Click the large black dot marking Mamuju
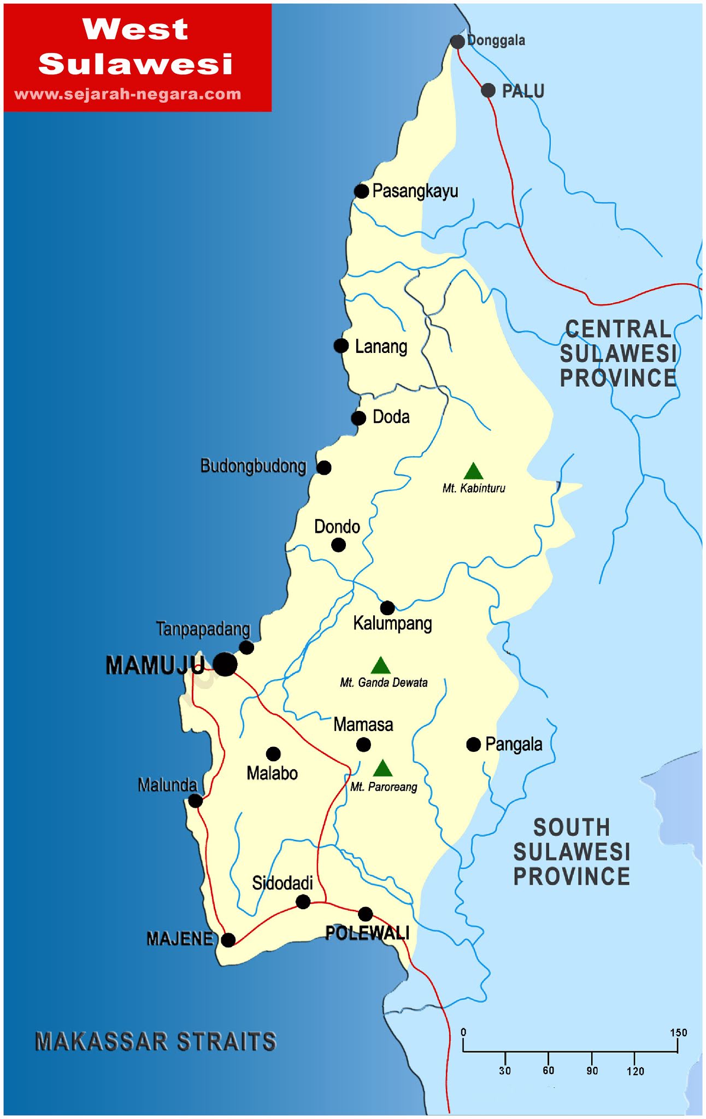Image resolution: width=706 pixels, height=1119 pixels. tap(225, 664)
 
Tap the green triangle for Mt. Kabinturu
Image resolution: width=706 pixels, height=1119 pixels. tap(473, 472)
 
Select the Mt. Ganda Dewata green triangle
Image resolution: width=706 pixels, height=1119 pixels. tap(380, 665)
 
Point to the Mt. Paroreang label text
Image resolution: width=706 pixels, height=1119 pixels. tap(384, 787)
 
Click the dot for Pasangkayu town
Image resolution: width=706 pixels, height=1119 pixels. tap(361, 191)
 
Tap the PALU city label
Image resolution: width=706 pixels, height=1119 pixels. tap(523, 91)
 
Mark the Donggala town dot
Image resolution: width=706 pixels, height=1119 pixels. tap(457, 42)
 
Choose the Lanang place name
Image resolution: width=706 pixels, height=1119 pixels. tap(381, 346)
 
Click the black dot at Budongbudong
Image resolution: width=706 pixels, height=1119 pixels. tap(324, 468)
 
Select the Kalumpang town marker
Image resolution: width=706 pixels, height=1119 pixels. tap(387, 608)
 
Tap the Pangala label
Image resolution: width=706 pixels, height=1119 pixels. tap(514, 744)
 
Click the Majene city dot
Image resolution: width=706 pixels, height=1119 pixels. tap(228, 940)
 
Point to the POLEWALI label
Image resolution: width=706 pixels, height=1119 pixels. tap(367, 933)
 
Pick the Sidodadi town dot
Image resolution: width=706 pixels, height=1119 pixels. tap(303, 902)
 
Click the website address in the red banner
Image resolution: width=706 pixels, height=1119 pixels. tap(128, 94)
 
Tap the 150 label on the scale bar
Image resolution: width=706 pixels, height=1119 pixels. tap(678, 1033)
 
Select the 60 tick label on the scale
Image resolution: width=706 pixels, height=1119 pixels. tap(548, 1070)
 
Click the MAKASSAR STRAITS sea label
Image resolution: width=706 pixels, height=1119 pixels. tap(156, 1041)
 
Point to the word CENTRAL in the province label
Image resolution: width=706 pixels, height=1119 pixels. tap(618, 329)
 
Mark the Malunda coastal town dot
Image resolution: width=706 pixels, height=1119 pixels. tap(195, 801)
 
